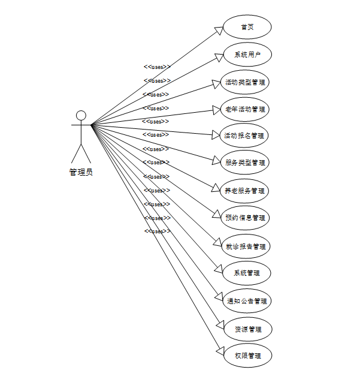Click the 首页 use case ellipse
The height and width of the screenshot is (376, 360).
[247, 27]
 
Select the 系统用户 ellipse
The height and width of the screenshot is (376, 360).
[247, 55]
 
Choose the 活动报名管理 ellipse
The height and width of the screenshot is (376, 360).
[244, 136]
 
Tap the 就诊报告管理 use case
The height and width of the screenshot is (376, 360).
[246, 246]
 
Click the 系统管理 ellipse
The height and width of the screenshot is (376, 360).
[247, 273]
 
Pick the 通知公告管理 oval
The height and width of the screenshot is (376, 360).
[247, 301]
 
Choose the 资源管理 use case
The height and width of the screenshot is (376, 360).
[247, 329]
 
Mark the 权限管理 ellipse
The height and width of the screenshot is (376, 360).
[247, 356]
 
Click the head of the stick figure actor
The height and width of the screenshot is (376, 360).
[81, 115]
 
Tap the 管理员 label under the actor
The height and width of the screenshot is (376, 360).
[81, 172]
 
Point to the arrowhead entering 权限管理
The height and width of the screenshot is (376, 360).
[219, 350]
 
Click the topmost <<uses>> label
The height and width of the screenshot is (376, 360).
[157, 67]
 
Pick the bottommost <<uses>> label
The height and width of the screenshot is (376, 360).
[157, 231]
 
